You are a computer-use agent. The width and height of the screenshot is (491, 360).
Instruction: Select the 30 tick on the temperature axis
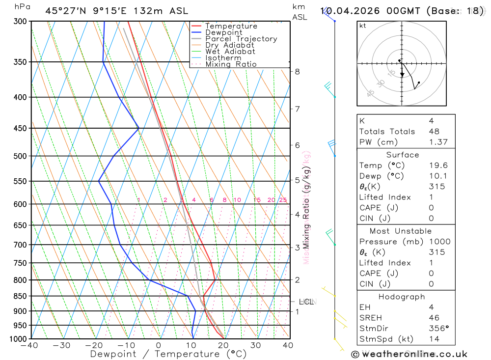pos(255,345)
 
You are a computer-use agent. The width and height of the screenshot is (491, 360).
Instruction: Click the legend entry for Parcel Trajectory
pos(241,39)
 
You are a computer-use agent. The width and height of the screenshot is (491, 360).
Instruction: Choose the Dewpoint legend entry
pos(223,32)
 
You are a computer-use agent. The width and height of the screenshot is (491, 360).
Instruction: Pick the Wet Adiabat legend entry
pos(230,52)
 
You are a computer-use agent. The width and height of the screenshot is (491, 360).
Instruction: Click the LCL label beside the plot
pos(306,302)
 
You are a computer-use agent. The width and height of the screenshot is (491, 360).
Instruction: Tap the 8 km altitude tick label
pos(297,71)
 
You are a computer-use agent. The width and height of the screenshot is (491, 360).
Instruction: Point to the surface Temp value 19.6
pos(437,166)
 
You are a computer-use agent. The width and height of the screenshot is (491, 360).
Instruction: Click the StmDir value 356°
pos(438,329)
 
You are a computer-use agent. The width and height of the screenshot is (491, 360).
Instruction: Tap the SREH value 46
pos(434,318)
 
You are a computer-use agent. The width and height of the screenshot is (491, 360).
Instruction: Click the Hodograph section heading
pos(402,297)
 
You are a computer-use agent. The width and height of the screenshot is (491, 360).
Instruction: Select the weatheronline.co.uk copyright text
pos(409,354)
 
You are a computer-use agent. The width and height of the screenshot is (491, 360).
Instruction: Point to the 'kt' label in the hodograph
pos(362,26)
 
